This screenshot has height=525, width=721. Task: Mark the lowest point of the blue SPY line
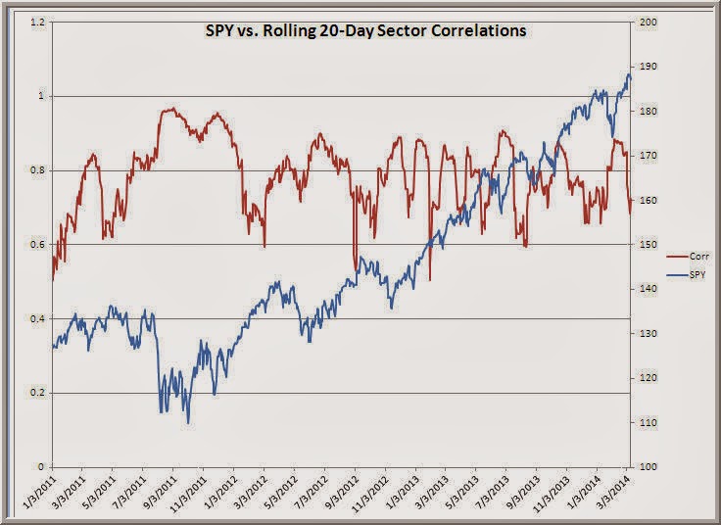[188, 423]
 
